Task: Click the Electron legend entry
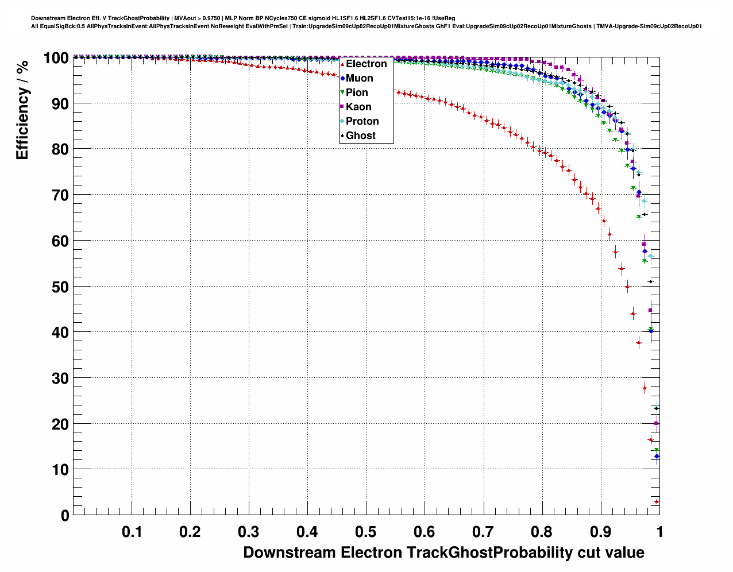366,64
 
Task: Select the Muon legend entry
359,78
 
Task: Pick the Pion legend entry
357,92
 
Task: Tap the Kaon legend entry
358,107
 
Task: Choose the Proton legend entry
362,121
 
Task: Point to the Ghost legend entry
360,136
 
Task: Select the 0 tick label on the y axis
64,516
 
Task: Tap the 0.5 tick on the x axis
366,532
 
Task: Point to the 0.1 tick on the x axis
132,532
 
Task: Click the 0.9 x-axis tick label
601,532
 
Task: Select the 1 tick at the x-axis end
659,532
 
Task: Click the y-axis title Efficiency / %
22,110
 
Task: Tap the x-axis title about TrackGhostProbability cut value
443,552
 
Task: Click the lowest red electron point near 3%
657,502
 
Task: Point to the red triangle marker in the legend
342,64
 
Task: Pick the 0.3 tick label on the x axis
249,532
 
